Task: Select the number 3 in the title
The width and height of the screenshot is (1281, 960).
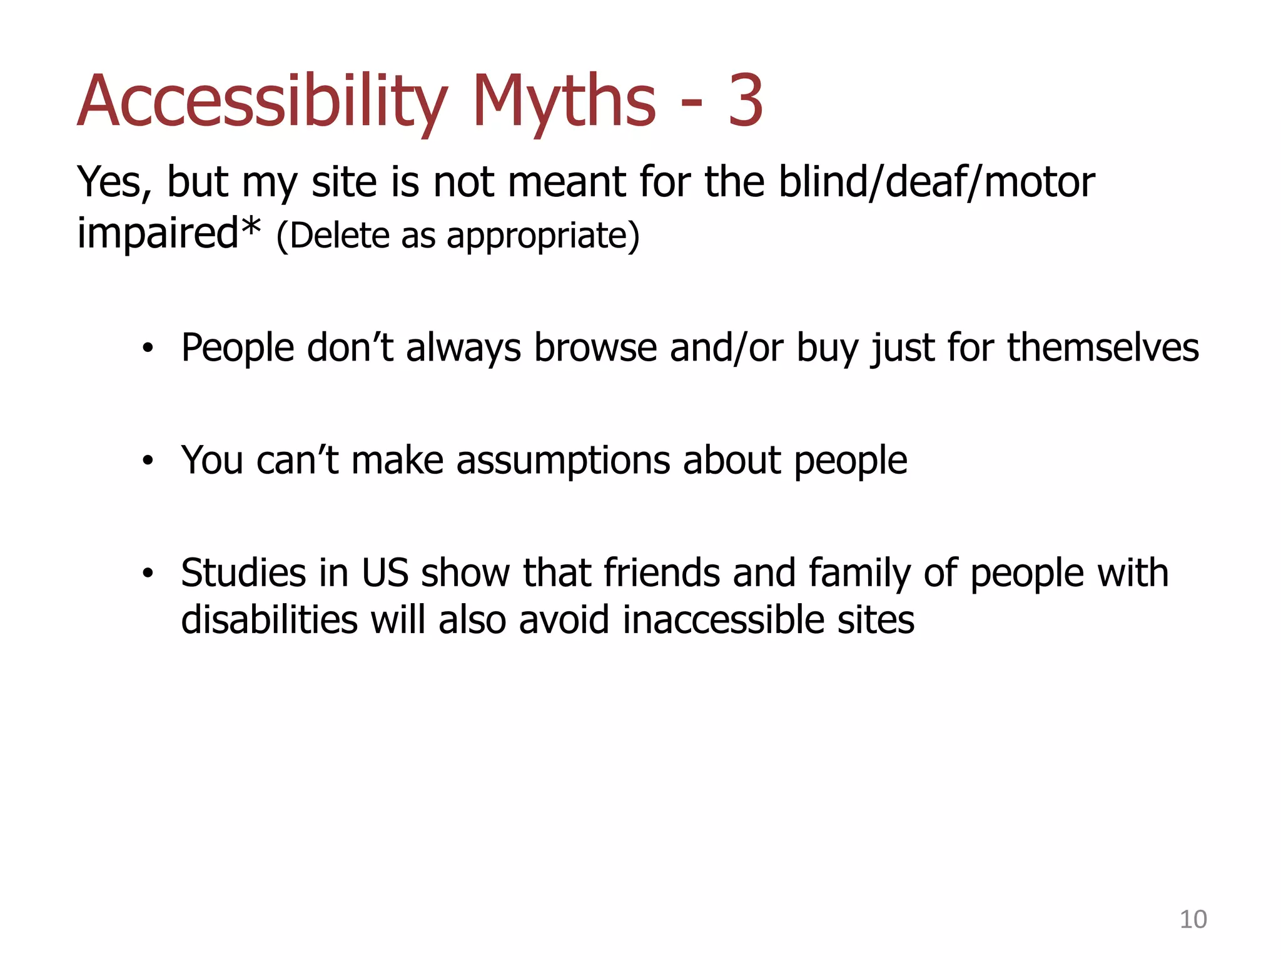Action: (745, 101)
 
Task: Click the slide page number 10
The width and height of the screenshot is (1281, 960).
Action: (1193, 919)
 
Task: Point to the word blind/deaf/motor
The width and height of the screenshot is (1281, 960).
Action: (936, 182)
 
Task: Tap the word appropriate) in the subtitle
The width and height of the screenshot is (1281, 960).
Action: (543, 237)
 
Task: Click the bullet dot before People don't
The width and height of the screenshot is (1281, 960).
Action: (148, 349)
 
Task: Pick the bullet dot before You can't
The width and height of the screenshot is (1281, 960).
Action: (148, 461)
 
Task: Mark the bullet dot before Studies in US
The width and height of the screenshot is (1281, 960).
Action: (148, 573)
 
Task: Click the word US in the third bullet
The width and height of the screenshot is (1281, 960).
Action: (385, 572)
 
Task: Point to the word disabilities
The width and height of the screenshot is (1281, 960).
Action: (270, 620)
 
